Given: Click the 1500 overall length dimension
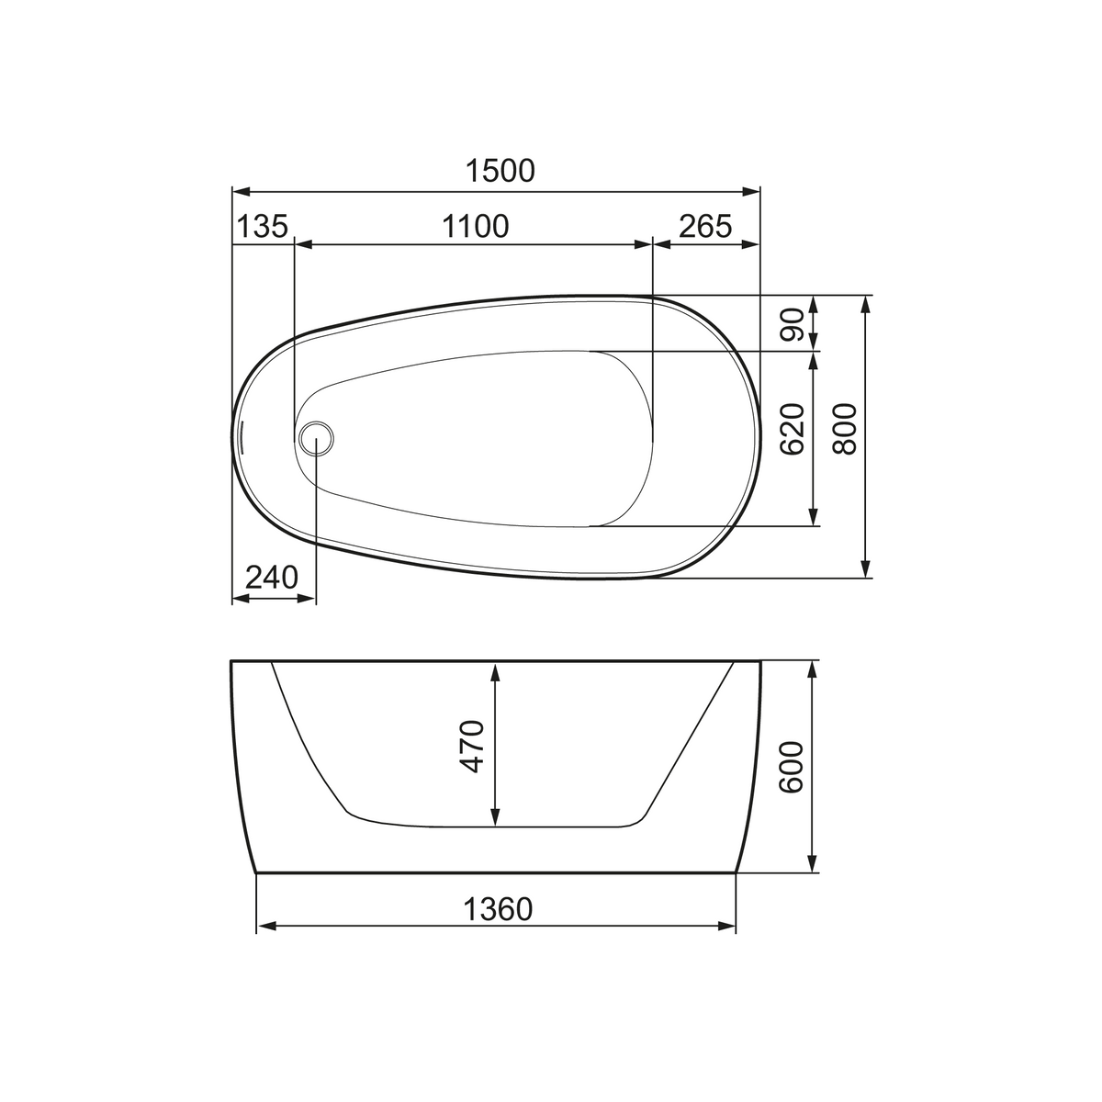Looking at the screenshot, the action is click(x=500, y=171).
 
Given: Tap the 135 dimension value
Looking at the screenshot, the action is click(x=262, y=226).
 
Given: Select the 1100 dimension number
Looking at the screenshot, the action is click(x=475, y=226).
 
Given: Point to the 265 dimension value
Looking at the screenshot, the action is click(x=705, y=226).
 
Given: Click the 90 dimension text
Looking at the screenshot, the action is click(x=793, y=324).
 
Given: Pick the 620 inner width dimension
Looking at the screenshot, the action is click(x=793, y=429).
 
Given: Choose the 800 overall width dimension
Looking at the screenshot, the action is click(x=845, y=429).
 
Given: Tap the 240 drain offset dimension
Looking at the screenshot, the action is click(x=272, y=577).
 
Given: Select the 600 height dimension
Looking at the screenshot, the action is click(x=792, y=767).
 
